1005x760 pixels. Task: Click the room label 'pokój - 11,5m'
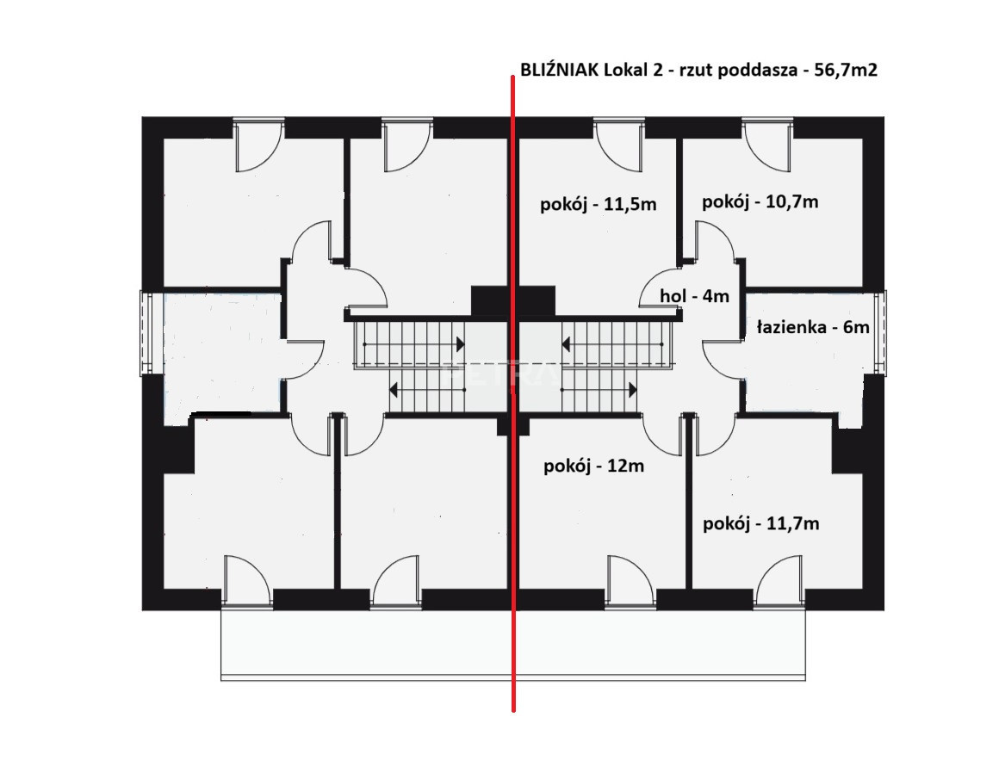coord(598,205)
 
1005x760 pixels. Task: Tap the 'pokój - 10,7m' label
coord(760,202)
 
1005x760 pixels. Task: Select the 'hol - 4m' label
coord(695,296)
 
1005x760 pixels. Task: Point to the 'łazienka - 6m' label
coord(813,327)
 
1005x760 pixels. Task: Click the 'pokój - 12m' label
coord(593,466)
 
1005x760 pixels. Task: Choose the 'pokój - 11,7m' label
coord(760,523)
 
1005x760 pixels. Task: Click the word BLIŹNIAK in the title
coord(560,70)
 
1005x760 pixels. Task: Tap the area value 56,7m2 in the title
coord(846,70)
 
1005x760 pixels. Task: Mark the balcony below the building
coord(512,643)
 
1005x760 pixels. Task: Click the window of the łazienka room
coord(881,332)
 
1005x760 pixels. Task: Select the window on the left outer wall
coord(146,332)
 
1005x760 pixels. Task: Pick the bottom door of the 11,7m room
coord(779,581)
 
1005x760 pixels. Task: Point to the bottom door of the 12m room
coord(630,581)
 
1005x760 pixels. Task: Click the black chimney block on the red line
coord(512,300)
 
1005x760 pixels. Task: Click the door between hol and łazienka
coord(723,360)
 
